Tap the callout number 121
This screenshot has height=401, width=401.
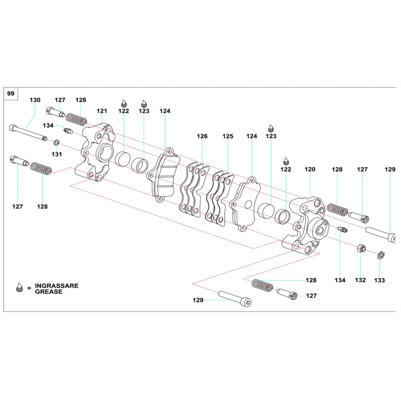tap(102, 111)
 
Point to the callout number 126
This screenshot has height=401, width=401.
tap(202, 136)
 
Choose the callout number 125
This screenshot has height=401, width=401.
tap(228, 136)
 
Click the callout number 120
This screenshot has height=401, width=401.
tap(310, 170)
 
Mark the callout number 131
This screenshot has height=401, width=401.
tap(57, 154)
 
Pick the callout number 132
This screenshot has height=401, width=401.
tap(361, 280)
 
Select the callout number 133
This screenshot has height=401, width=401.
tap(379, 280)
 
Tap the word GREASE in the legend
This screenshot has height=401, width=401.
tap(49, 291)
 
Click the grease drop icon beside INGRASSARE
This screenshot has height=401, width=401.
tap(20, 287)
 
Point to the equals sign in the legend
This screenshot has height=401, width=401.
tap(30, 288)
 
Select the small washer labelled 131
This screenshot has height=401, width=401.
tap(57, 143)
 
